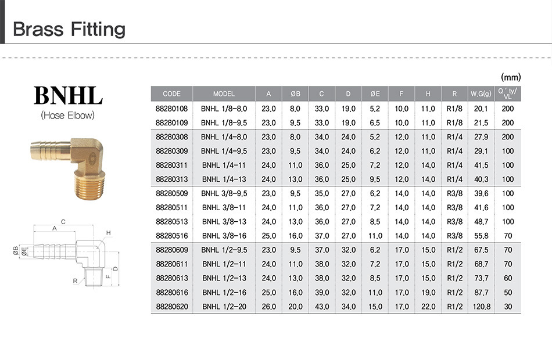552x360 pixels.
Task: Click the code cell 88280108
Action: click(172, 109)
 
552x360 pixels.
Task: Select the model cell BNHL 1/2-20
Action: click(224, 307)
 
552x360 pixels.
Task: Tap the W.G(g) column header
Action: click(481, 94)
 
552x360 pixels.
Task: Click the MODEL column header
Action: click(224, 94)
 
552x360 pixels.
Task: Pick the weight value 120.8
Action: click(481, 307)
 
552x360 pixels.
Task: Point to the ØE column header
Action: click(375, 94)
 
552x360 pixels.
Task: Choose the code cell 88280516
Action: click(172, 236)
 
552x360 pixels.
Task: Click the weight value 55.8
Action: click(481, 236)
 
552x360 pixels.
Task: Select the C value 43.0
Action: click(322, 307)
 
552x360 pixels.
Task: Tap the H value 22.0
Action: click(428, 307)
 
